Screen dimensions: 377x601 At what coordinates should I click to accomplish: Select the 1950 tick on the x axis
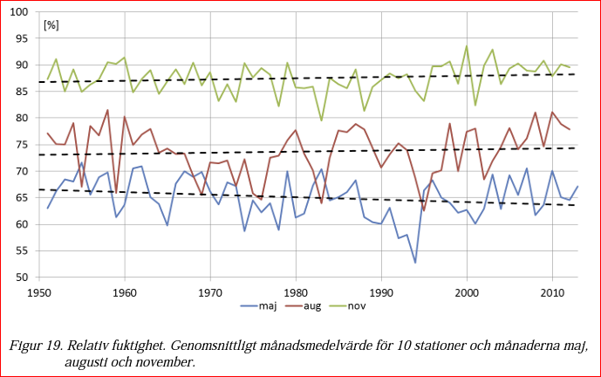[39, 292]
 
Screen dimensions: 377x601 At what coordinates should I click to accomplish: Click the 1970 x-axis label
[210, 292]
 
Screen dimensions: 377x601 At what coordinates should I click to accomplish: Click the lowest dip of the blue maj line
[415, 263]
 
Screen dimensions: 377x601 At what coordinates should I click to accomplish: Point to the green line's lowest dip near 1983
[321, 120]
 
